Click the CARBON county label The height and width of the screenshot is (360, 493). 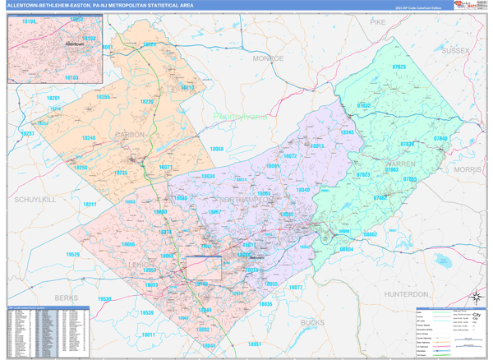pos(129,134)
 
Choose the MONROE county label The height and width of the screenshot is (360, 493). pos(267,59)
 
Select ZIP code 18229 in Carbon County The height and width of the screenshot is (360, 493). pos(147,102)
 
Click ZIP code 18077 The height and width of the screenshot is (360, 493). pos(296,288)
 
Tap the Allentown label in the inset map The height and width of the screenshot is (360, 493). pos(72,43)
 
